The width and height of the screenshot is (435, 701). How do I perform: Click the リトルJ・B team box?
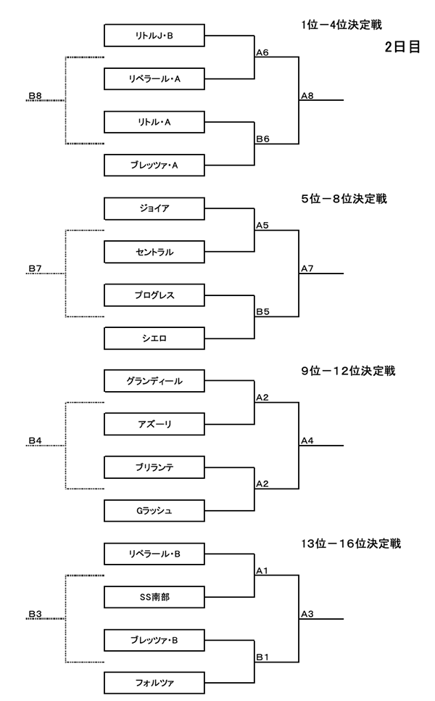154,35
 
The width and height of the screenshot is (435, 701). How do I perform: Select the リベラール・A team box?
154,78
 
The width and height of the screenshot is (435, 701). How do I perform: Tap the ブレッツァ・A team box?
154,165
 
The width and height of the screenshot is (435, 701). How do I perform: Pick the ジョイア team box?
154,208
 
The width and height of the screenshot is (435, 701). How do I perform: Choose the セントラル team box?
154,252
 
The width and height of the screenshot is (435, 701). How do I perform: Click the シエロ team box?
154,337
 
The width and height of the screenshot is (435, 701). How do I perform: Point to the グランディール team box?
154,380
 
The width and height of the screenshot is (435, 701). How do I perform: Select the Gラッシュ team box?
154,511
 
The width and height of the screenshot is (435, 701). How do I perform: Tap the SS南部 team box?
154,597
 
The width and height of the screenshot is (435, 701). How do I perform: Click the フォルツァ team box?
154,683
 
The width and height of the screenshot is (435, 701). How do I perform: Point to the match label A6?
262,52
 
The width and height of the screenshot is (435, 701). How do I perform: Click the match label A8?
307,95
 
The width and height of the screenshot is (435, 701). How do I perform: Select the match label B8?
35,95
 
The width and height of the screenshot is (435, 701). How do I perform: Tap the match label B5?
262,311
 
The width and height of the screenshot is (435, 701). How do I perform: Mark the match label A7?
307,268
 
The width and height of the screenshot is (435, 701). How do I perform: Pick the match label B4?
35,440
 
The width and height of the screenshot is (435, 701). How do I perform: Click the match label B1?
262,657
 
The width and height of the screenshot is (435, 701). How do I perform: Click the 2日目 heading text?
402,47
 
